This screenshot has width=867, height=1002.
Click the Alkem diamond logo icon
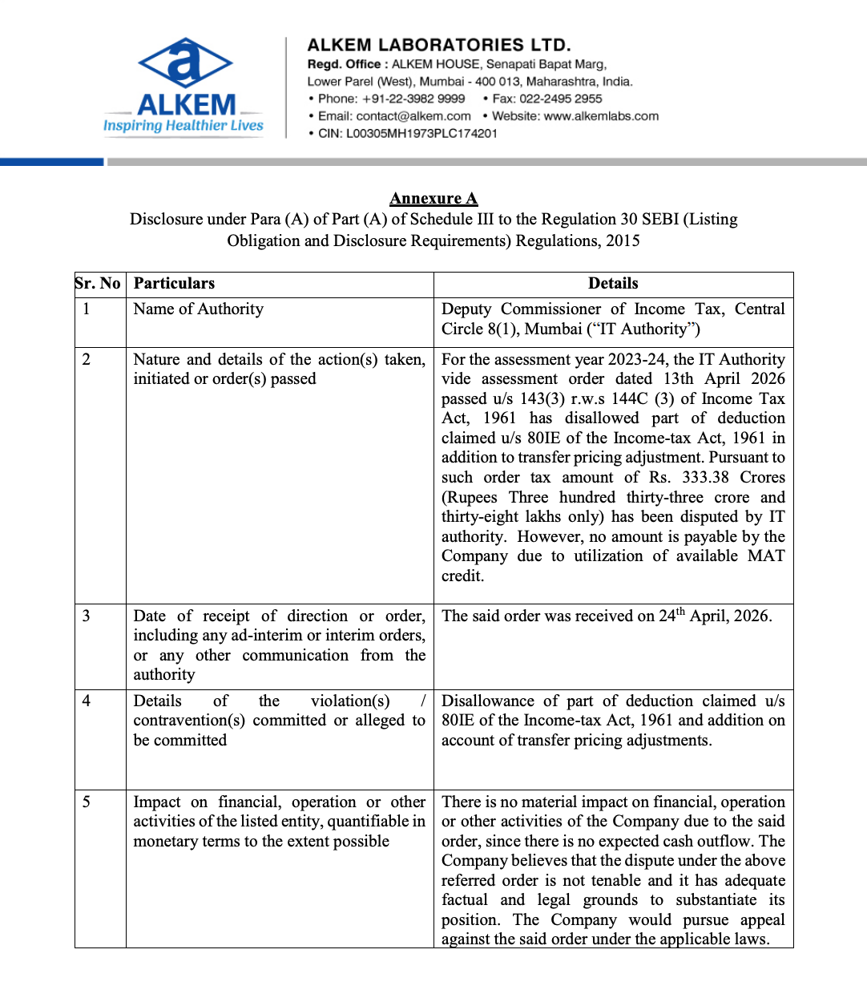[185, 63]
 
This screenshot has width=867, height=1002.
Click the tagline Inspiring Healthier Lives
[183, 125]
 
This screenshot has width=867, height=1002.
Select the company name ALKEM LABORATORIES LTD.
[439, 45]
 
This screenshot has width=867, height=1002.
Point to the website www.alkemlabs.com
[601, 116]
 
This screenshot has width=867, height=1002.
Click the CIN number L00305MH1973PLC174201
[421, 133]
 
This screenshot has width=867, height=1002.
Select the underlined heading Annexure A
[433, 199]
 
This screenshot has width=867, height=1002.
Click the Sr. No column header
[99, 284]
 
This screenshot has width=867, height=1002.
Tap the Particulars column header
[174, 284]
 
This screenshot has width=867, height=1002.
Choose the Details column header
[613, 284]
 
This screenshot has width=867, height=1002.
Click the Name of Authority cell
[198, 309]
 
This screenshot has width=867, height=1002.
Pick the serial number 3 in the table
[86, 616]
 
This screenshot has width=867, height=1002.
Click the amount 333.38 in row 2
[705, 478]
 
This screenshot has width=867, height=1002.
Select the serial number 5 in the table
[86, 802]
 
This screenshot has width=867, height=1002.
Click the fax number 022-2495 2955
[561, 99]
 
